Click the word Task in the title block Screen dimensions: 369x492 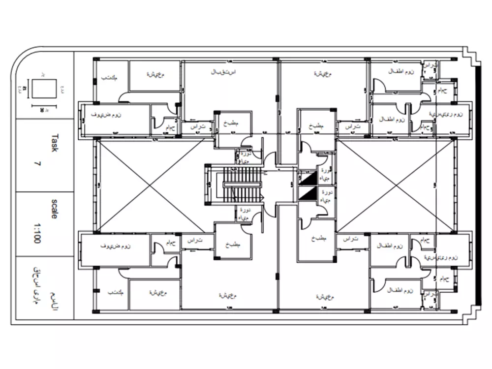[55, 143]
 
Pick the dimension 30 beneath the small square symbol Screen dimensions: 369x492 [42, 109]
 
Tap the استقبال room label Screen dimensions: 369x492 [224, 72]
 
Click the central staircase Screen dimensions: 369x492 [241, 184]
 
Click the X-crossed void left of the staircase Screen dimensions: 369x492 [150, 185]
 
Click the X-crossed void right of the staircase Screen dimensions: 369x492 [397, 185]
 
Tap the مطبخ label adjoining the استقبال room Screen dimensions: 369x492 [231, 124]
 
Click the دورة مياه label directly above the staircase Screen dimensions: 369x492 [244, 157]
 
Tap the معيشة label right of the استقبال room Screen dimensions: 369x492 [322, 73]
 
